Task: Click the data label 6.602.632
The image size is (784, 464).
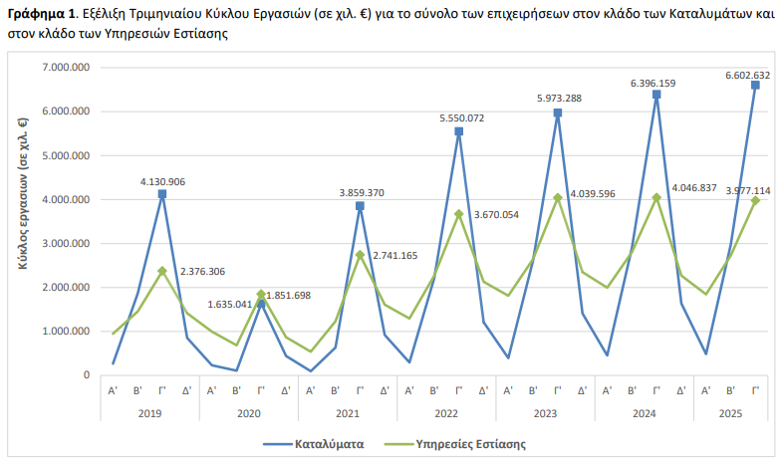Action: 748,74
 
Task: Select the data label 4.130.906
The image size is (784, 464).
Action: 162,182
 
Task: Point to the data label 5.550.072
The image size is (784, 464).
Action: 461,118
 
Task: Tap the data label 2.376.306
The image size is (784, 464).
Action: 202,272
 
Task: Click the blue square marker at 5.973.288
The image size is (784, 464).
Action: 558,114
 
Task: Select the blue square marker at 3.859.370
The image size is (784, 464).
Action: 360,206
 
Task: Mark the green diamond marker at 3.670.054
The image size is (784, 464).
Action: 459,214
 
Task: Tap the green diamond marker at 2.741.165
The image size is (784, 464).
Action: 360,255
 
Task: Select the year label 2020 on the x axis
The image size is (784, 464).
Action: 248,412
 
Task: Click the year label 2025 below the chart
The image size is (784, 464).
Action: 731,412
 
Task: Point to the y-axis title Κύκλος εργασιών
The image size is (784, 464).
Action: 22,193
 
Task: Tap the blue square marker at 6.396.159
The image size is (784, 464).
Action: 656,95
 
